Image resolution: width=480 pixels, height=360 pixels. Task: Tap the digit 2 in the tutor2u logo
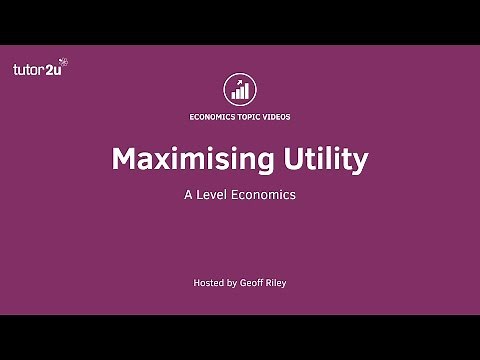pyautogui.click(x=50, y=70)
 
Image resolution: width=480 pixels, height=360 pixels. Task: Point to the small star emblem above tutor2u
pyautogui.click(x=64, y=62)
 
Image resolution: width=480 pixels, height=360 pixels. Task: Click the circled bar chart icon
pyautogui.click(x=240, y=88)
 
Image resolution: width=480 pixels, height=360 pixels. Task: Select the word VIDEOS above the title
pyautogui.click(x=278, y=116)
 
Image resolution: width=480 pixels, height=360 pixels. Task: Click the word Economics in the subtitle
pyautogui.click(x=263, y=195)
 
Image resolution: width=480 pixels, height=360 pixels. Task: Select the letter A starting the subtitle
pyautogui.click(x=187, y=195)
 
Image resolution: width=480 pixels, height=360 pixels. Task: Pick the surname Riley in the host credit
pyautogui.click(x=283, y=283)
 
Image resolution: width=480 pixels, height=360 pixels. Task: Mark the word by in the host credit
pyautogui.click(x=233, y=283)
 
